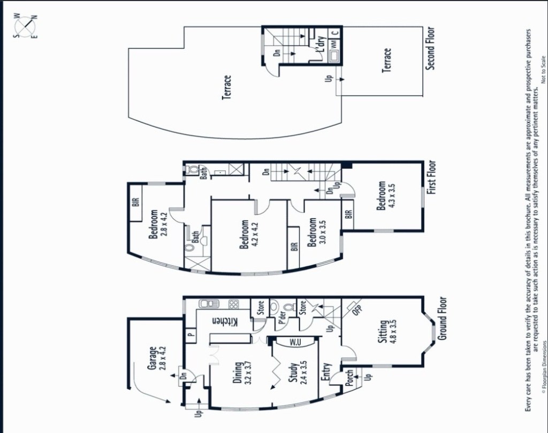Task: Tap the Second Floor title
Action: click(x=430, y=49)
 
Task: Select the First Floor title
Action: click(x=432, y=177)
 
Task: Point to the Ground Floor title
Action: click(x=442, y=318)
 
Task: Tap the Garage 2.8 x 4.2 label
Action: click(x=157, y=358)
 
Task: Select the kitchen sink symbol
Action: click(x=209, y=304)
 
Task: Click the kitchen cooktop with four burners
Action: click(x=233, y=304)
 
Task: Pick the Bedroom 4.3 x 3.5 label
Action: click(x=386, y=195)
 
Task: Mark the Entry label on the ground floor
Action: click(x=326, y=374)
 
